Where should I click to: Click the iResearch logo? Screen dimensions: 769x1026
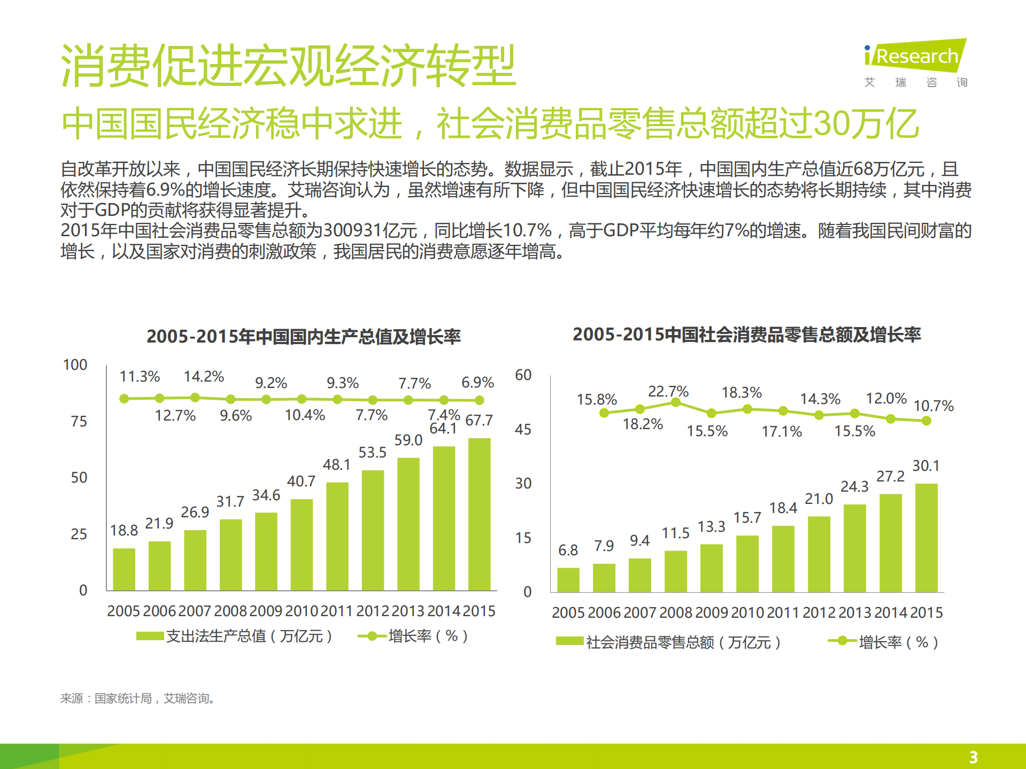[x=915, y=56]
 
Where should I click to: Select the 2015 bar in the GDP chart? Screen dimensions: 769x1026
[x=479, y=514]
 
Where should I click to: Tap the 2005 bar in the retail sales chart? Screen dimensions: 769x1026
[x=568, y=580]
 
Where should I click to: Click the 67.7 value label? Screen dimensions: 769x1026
[x=479, y=421]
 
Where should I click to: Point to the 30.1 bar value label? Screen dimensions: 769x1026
[x=925, y=465]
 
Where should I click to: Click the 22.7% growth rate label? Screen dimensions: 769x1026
[x=668, y=391]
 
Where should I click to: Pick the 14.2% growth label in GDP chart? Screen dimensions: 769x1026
[x=203, y=377]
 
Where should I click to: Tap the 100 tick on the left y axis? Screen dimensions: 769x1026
[x=75, y=365]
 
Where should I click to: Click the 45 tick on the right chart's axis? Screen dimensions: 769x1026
[x=523, y=430]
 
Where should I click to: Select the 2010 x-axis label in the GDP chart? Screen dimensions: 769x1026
[x=302, y=611]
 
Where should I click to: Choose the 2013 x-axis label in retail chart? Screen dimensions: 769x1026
[x=854, y=612]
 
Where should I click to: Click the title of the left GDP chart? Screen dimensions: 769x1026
[x=303, y=337]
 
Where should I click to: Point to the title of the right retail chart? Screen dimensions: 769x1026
[x=746, y=335]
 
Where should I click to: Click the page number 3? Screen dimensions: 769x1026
[x=973, y=757]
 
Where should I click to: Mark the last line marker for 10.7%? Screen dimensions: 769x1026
[x=926, y=421]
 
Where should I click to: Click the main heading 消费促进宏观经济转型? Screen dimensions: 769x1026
[x=288, y=66]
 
